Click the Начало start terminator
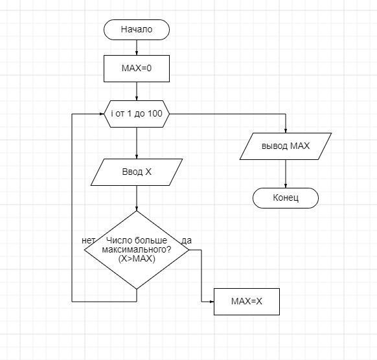click(137, 30)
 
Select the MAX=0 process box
click(137, 69)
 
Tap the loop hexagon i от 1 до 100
click(137, 114)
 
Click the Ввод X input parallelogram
click(137, 172)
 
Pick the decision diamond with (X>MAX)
click(137, 250)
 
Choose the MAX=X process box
click(247, 302)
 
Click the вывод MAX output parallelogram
click(286, 146)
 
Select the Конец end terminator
click(286, 198)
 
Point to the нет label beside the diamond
click(88, 241)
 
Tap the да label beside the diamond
click(187, 241)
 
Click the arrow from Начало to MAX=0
click(137, 47)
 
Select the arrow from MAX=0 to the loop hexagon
click(137, 91)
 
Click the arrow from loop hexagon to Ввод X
click(137, 143)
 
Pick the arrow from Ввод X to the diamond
click(137, 198)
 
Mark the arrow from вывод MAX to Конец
click(286, 174)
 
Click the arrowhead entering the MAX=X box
click(212, 302)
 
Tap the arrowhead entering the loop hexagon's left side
click(102, 114)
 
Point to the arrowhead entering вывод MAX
click(286, 131)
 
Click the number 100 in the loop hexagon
click(155, 114)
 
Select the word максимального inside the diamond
click(137, 250)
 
